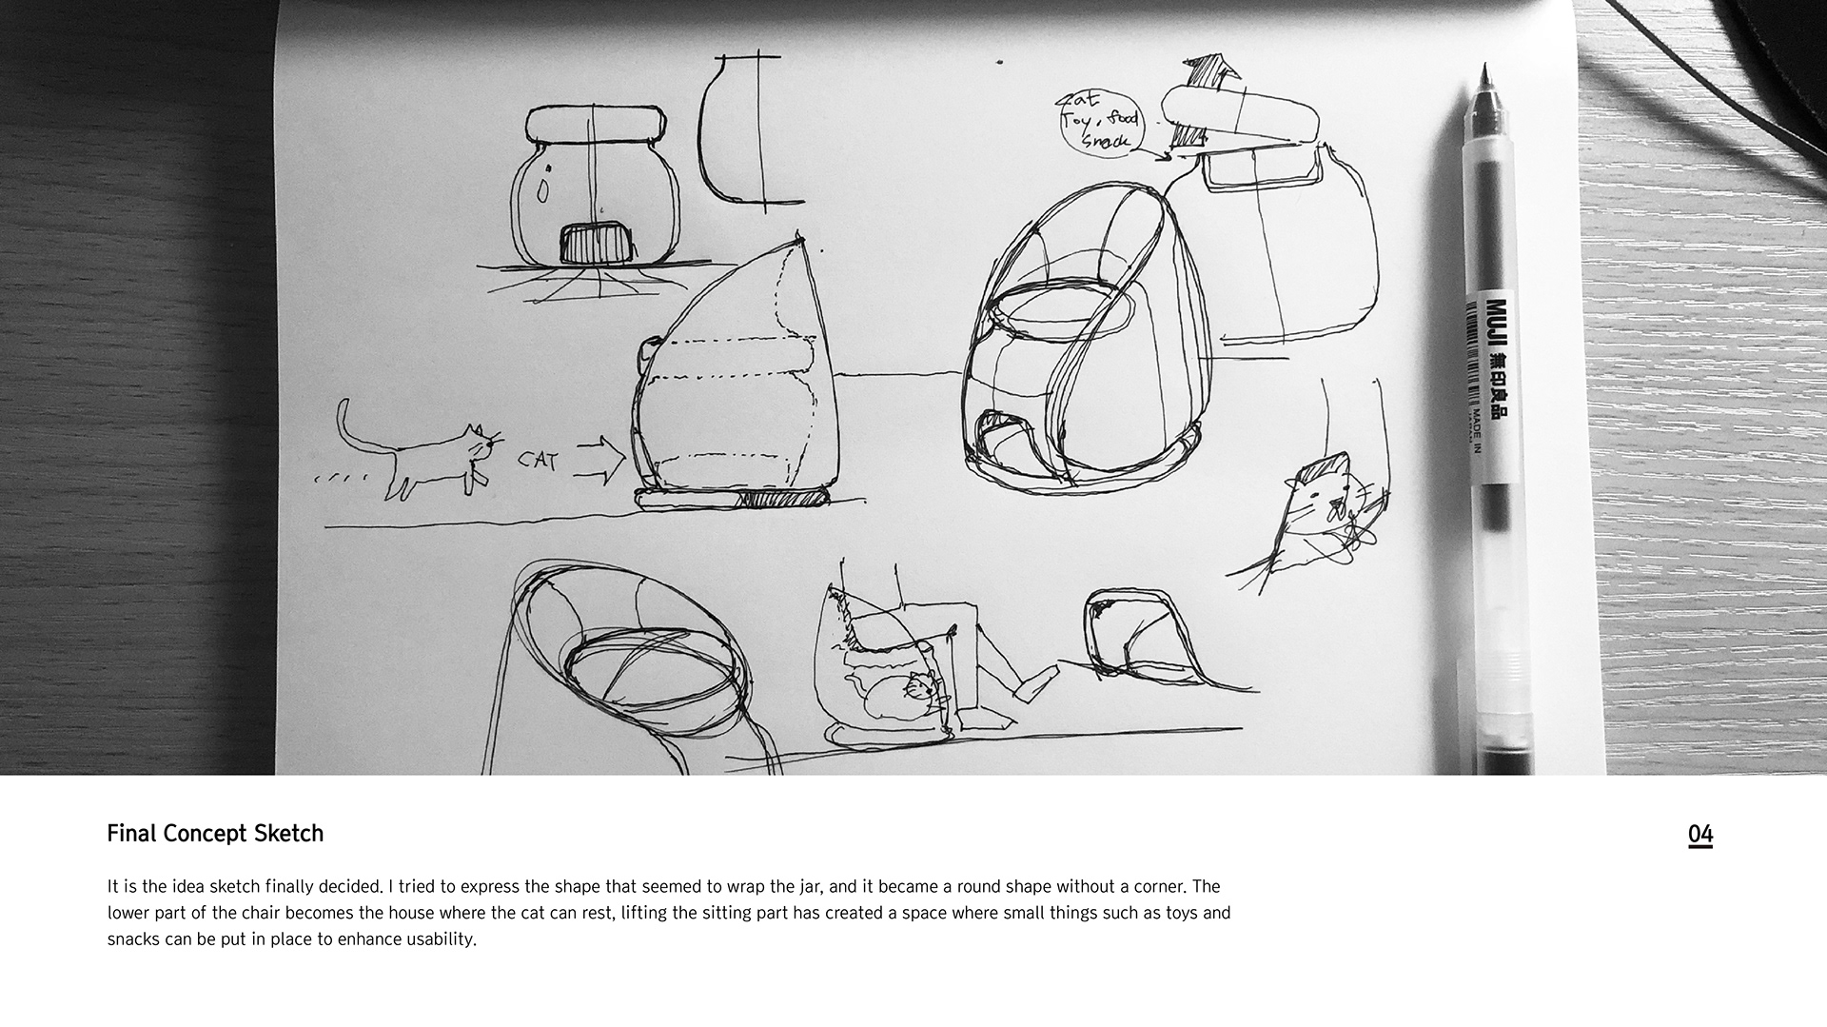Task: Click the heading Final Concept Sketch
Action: [215, 834]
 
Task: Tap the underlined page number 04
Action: [1699, 835]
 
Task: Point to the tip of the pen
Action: [1484, 68]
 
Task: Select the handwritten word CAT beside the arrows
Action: [538, 460]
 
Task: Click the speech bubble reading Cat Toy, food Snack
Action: [1099, 122]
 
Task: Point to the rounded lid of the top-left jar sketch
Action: [595, 125]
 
